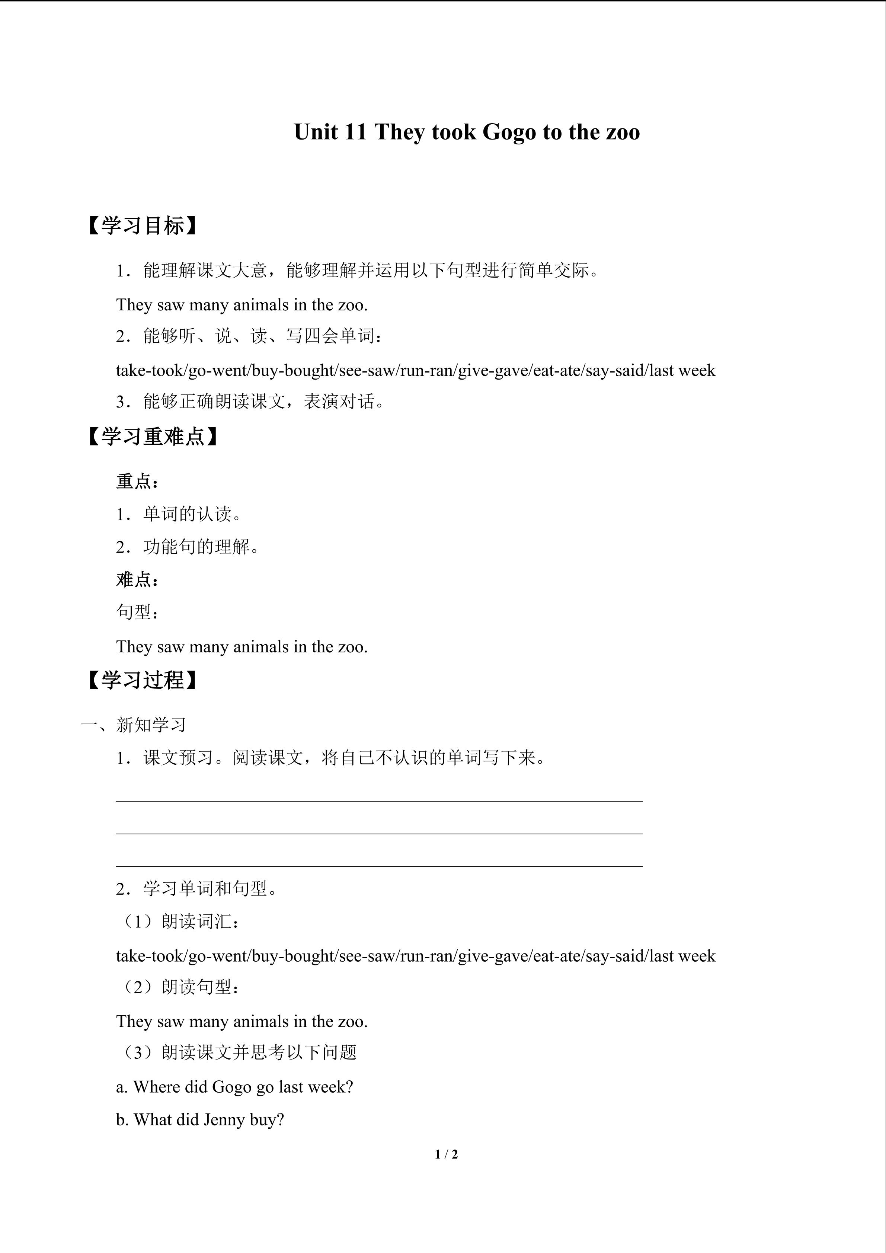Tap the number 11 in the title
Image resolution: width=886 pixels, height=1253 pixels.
coord(355,132)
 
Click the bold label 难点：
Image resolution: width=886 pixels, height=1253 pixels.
coord(138,579)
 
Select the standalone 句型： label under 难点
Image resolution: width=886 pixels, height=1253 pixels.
coord(138,612)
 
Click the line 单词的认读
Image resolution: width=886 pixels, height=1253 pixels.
coord(192,514)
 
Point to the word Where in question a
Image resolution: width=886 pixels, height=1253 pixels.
coord(158,1087)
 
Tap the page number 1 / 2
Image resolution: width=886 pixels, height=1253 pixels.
coord(446,1154)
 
